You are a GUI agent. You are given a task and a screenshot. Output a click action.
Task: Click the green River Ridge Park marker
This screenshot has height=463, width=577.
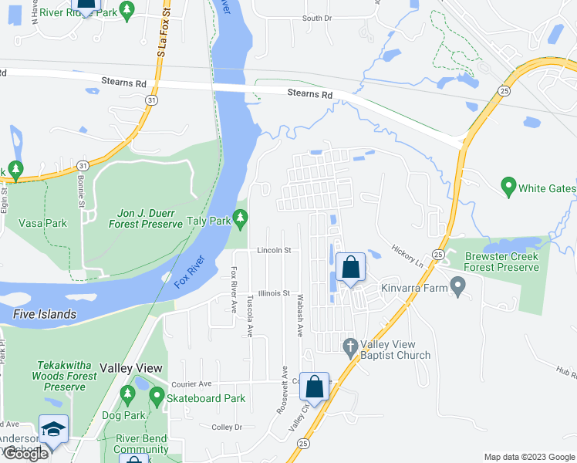[128, 9]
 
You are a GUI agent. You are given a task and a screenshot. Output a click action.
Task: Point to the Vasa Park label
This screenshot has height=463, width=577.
[42, 223]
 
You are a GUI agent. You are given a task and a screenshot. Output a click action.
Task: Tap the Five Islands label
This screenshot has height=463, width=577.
[45, 314]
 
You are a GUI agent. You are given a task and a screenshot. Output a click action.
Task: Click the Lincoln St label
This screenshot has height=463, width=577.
[274, 251]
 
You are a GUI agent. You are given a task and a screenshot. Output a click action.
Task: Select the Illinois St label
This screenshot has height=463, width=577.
[274, 293]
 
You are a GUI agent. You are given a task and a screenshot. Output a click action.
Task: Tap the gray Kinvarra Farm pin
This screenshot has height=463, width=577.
[458, 287]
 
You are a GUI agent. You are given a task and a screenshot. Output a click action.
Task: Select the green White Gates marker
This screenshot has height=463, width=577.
[508, 186]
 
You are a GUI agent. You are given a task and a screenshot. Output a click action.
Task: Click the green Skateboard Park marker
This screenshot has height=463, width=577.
[157, 397]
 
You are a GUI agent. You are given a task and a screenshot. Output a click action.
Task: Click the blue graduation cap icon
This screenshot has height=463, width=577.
[53, 429]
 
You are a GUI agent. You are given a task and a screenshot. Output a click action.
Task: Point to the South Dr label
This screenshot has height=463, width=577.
[316, 18]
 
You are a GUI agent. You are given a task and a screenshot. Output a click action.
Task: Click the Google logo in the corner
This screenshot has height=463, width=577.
[25, 454]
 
